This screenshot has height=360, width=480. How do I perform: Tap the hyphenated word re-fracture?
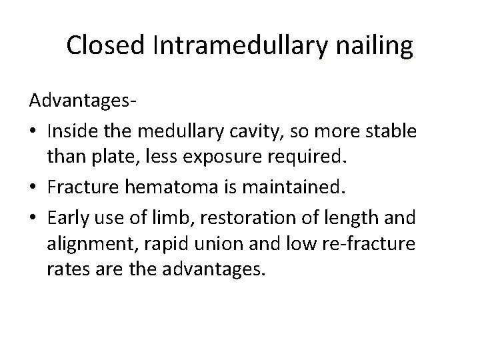(x=376, y=244)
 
